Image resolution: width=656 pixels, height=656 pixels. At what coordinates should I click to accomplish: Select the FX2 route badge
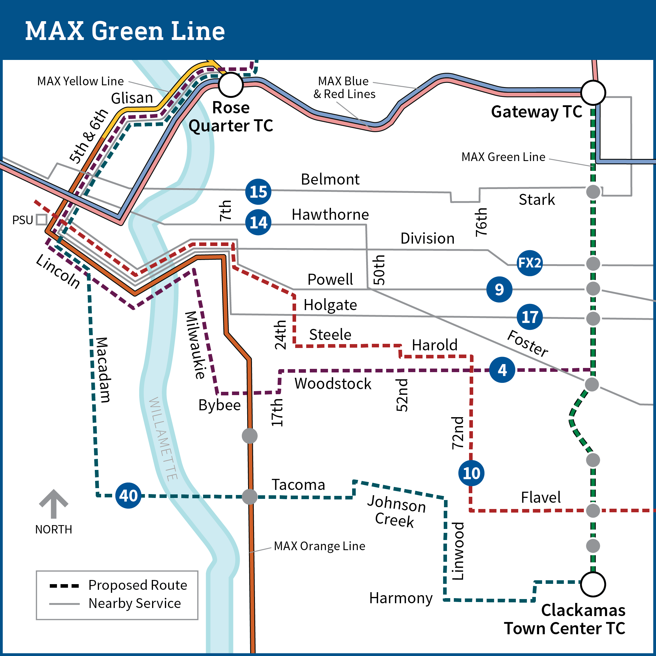[529, 263]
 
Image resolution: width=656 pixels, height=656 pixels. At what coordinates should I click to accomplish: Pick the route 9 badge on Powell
[499, 289]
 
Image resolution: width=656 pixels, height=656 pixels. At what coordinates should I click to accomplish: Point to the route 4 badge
[502, 370]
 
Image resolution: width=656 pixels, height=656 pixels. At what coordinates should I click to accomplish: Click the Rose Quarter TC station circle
[230, 85]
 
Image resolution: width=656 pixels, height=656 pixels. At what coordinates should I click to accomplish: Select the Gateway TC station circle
[593, 92]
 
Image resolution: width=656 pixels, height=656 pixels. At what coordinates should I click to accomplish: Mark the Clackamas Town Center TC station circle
[593, 584]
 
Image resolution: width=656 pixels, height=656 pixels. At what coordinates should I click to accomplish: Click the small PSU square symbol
[41, 219]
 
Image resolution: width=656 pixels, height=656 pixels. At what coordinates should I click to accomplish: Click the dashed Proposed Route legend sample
[64, 586]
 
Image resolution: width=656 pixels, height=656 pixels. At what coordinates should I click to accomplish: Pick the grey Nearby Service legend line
[64, 604]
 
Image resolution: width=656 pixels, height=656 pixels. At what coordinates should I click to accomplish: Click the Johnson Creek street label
[396, 511]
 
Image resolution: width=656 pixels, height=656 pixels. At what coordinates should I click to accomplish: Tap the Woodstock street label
[333, 384]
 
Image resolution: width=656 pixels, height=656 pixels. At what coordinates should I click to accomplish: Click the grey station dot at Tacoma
[250, 497]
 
